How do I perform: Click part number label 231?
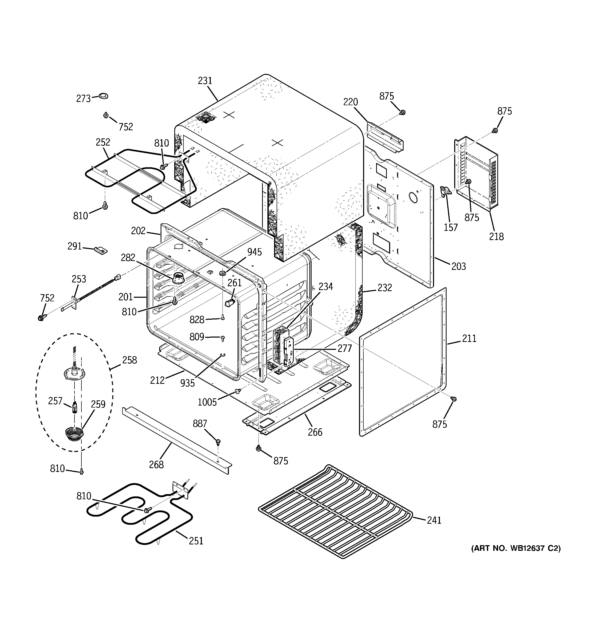coord(205,81)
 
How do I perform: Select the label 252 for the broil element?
coord(103,142)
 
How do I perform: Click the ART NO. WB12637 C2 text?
coord(516,548)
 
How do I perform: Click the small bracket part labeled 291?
coord(101,250)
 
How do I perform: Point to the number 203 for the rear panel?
coord(459,266)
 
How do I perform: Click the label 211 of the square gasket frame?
coord(469,338)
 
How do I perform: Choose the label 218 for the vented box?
coord(496,236)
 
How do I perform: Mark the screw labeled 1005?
coord(237,391)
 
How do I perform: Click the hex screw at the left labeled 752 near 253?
coord(41,317)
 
